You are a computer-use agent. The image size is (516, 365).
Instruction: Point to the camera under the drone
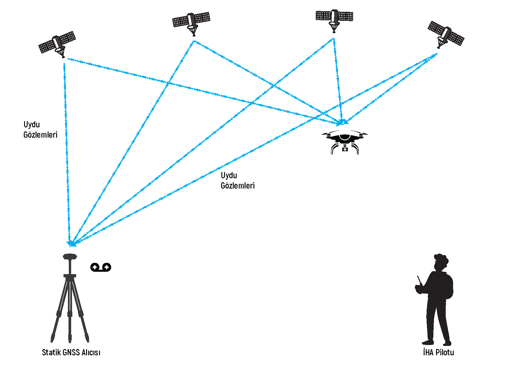(x=345, y=149)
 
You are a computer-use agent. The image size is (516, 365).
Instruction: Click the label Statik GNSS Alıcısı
(x=71, y=352)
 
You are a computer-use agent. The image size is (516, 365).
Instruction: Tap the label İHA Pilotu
(x=438, y=352)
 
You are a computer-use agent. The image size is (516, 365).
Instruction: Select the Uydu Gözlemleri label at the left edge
(x=40, y=129)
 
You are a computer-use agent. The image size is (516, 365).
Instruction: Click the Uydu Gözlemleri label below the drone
(x=238, y=180)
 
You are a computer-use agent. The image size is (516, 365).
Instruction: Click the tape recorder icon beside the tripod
(x=101, y=267)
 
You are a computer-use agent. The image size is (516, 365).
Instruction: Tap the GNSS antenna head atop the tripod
(x=70, y=256)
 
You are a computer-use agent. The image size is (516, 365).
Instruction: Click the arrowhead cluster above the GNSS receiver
(x=71, y=243)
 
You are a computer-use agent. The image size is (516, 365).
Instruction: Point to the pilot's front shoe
(x=428, y=342)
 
